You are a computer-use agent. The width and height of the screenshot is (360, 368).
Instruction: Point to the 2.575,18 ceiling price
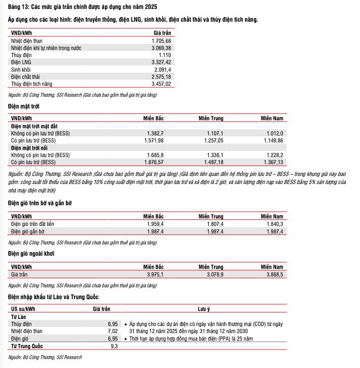161,76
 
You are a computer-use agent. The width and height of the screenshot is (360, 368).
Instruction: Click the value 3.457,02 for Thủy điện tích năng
161,84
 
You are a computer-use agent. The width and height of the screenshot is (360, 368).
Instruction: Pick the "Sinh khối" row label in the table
21,69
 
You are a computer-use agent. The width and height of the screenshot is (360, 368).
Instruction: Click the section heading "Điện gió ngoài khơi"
31,253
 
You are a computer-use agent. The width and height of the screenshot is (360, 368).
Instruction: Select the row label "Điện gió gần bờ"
28,231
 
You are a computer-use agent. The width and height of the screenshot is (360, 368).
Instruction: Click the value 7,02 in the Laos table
112,331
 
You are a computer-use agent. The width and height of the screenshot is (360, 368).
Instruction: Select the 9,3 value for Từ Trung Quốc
114,346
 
